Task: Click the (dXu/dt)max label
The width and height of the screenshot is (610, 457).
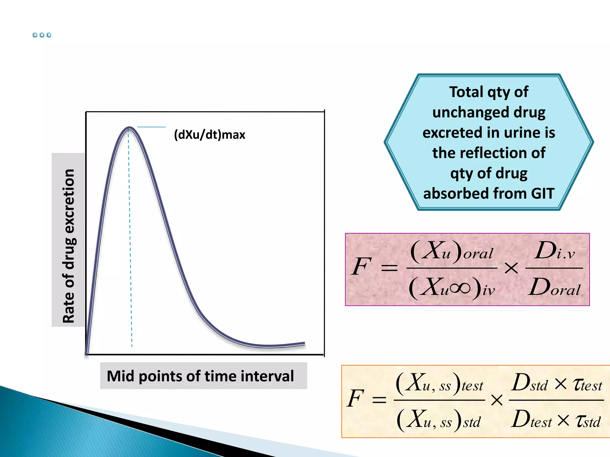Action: [209, 135]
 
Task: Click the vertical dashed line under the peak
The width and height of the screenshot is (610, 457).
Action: [130, 238]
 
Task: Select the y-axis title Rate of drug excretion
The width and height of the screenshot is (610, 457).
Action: [69, 245]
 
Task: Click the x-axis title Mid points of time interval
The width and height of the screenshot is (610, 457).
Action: [200, 376]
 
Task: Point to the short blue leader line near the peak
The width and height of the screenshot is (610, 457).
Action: [151, 127]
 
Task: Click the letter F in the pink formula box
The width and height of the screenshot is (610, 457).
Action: [361, 266]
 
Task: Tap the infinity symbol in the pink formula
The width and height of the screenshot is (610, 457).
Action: [460, 288]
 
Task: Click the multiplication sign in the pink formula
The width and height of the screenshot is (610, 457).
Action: [511, 268]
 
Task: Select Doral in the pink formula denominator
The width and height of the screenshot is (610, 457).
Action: [555, 287]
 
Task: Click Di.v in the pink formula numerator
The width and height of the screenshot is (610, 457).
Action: [554, 251]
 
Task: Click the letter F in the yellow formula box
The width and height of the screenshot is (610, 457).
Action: [355, 398]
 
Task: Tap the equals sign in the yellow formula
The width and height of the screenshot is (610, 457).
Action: [379, 400]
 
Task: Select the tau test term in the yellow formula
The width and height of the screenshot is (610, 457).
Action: [587, 385]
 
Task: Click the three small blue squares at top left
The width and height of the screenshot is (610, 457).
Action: [42, 35]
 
